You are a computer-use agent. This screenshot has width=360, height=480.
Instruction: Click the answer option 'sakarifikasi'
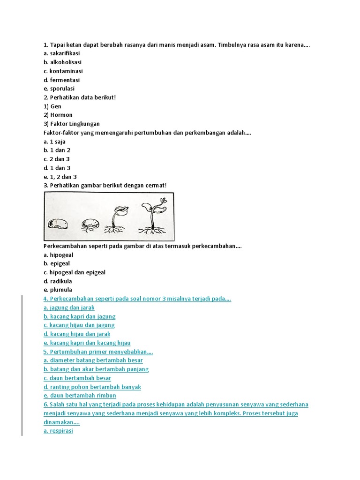pyautogui.click(x=65, y=53)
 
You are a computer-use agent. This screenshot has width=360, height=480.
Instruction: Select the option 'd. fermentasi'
pyautogui.click(x=61, y=80)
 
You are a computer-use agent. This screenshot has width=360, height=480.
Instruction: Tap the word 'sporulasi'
pyautogui.click(x=62, y=89)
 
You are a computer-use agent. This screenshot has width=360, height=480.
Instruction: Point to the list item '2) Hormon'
pyautogui.click(x=58, y=115)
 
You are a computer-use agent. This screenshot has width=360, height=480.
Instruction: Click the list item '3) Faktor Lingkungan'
pyautogui.click(x=72, y=124)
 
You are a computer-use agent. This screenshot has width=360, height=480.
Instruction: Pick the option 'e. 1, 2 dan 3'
pyautogui.click(x=60, y=177)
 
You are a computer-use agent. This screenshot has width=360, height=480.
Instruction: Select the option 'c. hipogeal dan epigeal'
pyautogui.click(x=75, y=272)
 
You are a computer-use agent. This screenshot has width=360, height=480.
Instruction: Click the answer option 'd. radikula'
pyautogui.click(x=58, y=281)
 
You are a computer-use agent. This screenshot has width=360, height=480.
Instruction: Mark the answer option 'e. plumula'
pyautogui.click(x=58, y=290)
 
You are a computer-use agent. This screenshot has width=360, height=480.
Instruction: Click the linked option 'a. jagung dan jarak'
pyautogui.click(x=69, y=307)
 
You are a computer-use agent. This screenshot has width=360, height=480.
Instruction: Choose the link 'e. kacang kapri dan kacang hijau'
pyautogui.click(x=87, y=343)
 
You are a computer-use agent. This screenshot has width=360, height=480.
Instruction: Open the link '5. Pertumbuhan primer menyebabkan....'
pyautogui.click(x=98, y=352)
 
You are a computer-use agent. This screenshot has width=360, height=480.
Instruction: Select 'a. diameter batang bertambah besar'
pyautogui.click(x=93, y=360)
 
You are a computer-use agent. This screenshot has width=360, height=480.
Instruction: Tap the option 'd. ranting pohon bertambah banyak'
pyautogui.click(x=92, y=387)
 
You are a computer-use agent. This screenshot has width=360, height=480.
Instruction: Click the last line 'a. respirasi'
pyautogui.click(x=58, y=431)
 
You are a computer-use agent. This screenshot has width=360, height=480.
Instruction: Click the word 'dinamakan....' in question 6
pyautogui.click(x=61, y=422)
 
